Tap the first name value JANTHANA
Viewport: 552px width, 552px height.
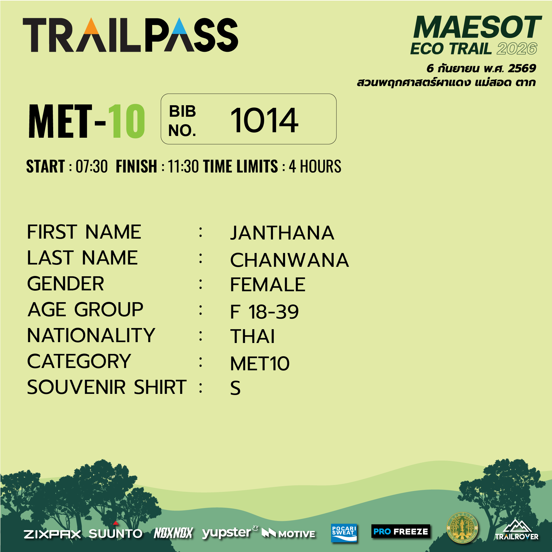[x=282, y=233]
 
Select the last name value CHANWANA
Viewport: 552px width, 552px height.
[x=289, y=260]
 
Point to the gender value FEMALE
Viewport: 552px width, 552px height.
[x=268, y=285]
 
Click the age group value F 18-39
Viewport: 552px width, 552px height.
[x=264, y=312]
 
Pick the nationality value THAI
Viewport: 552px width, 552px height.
[x=253, y=336]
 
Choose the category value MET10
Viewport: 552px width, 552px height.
[x=260, y=363]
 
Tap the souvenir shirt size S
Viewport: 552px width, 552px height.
[x=235, y=388]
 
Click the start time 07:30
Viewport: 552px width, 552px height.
[x=91, y=166]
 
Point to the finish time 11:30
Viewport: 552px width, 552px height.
[x=183, y=166]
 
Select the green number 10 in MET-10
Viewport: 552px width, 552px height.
[x=126, y=121]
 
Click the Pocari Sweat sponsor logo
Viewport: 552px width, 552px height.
[x=344, y=533]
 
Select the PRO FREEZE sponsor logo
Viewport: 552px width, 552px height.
[x=401, y=532]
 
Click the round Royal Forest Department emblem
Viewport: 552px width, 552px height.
[x=462, y=528]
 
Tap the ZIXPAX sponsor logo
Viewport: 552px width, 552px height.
[x=53, y=534]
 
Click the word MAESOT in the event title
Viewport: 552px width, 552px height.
[x=477, y=27]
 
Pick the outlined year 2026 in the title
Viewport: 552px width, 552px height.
[x=517, y=49]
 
